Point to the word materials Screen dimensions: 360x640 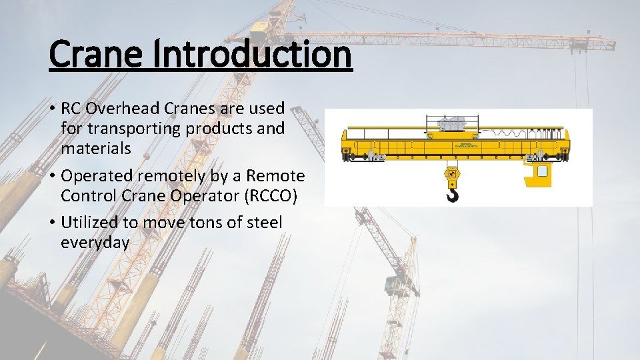pyautogui.click(x=96, y=148)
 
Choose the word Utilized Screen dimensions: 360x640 pyautogui.click(x=89, y=223)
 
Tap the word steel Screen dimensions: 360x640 pyautogui.click(x=263, y=223)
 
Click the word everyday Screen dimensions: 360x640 pyautogui.click(x=95, y=243)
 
